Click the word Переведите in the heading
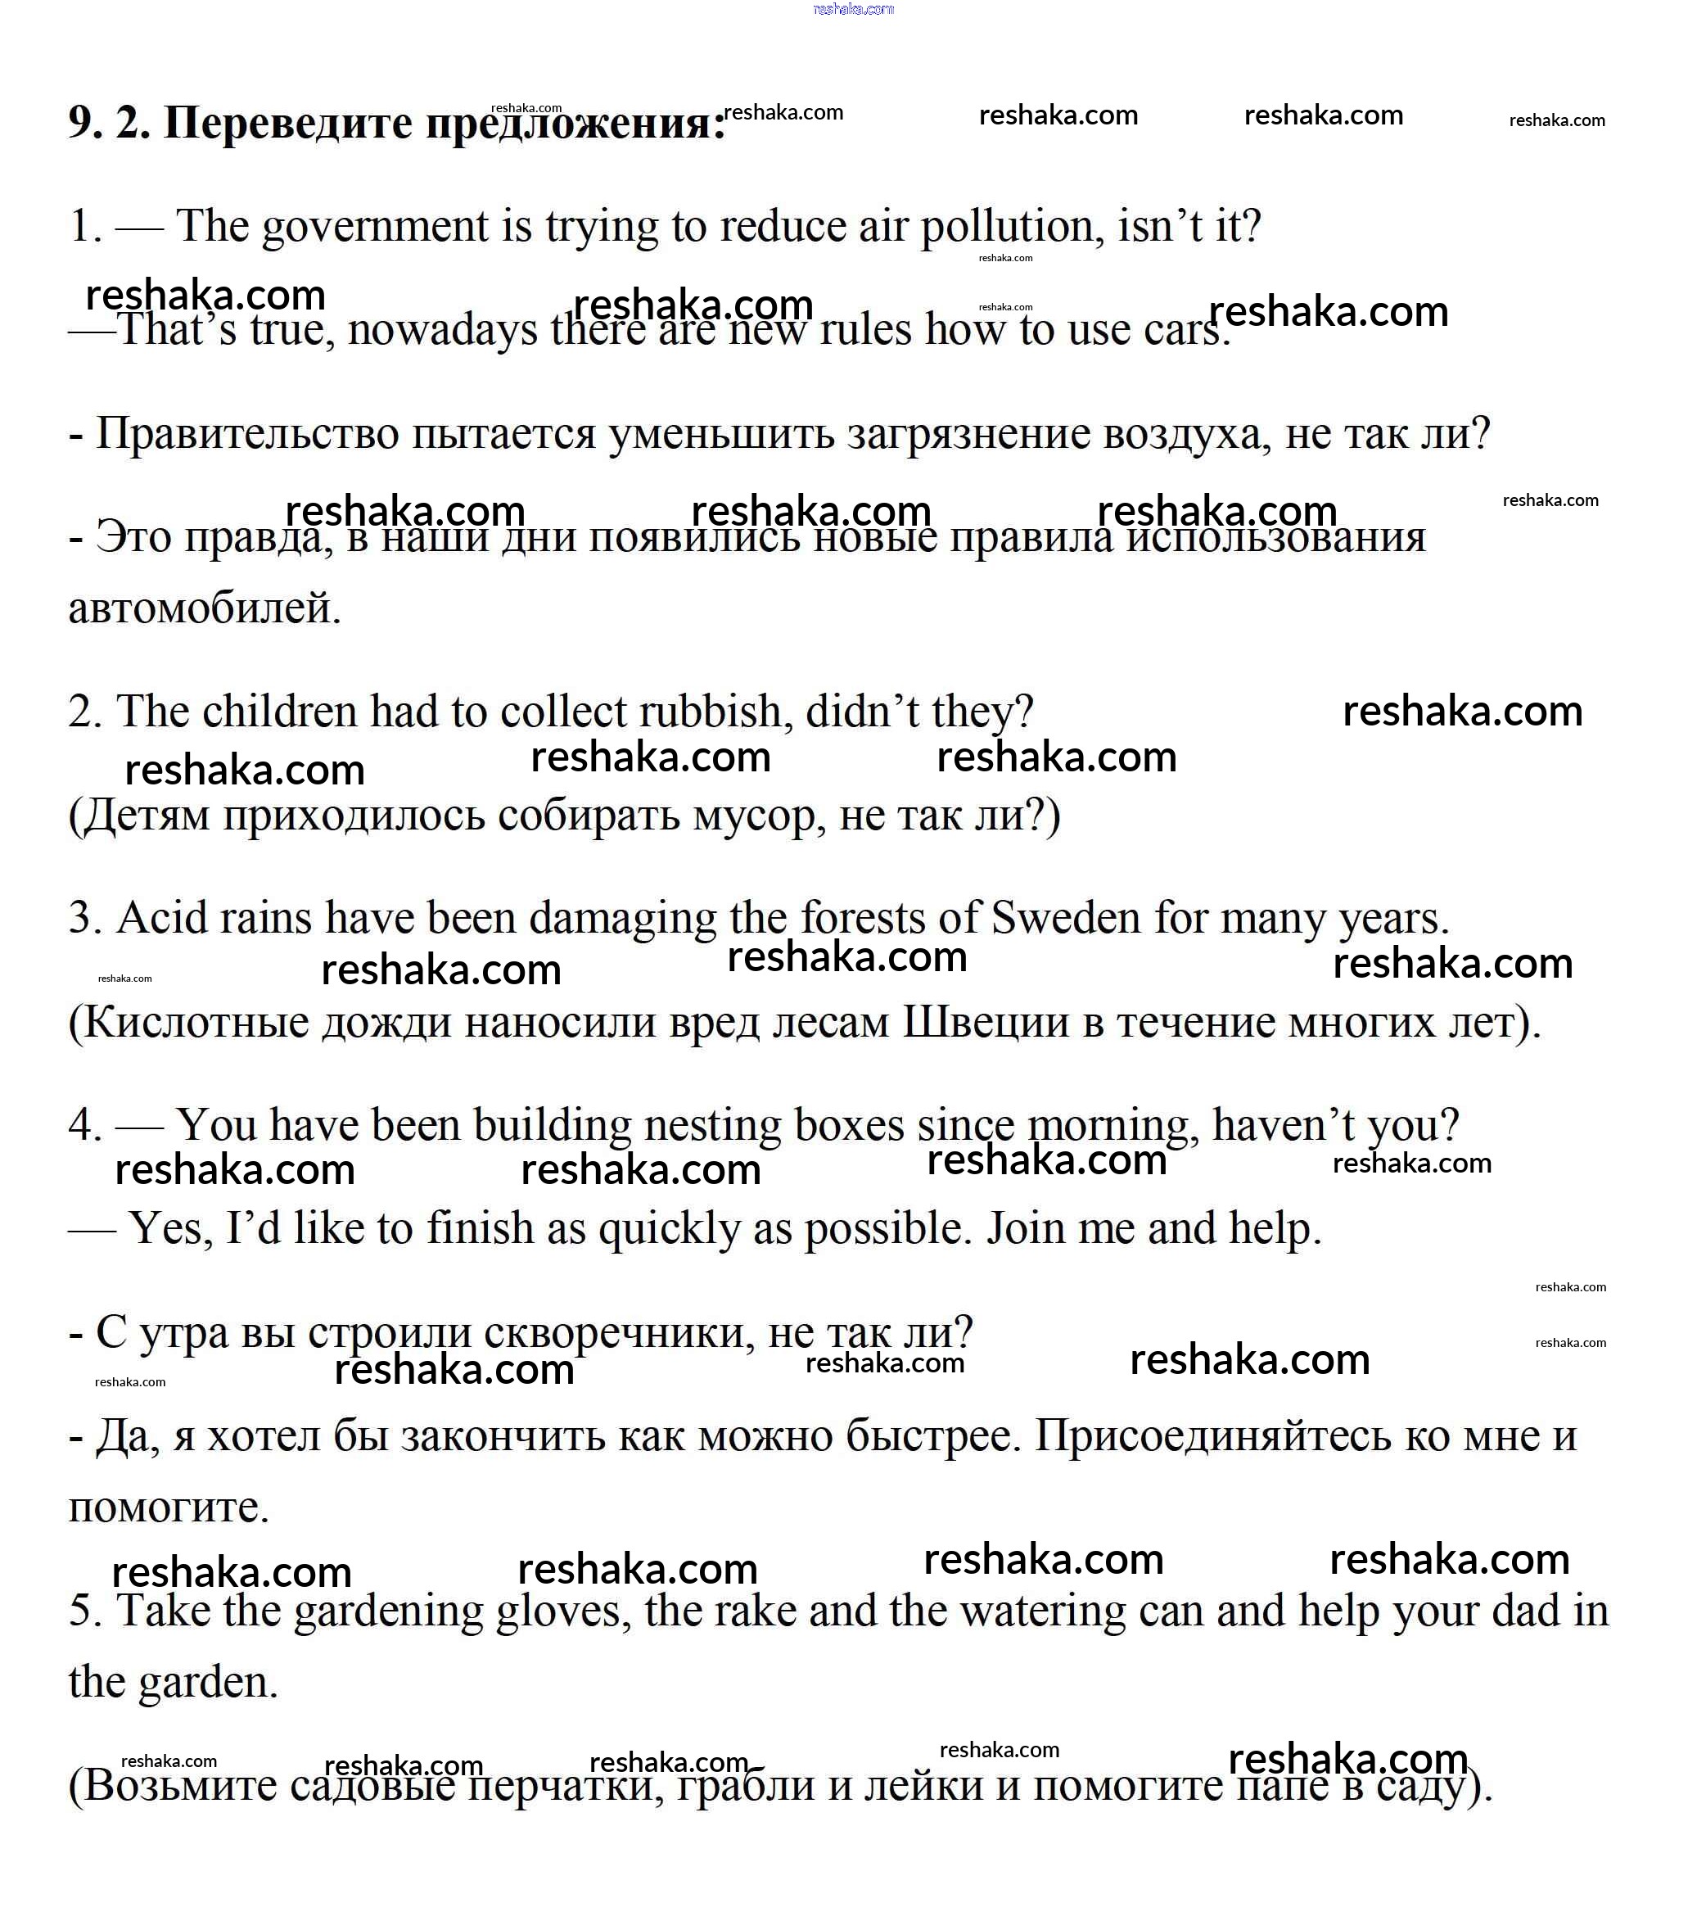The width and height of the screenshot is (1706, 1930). [x=287, y=124]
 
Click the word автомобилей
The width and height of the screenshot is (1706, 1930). [x=203, y=608]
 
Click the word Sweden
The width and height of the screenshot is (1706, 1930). [x=1066, y=919]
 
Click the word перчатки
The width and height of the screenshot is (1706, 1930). [x=566, y=1787]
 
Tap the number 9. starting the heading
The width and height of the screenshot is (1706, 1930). [x=86, y=124]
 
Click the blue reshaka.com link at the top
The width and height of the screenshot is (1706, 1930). [x=852, y=10]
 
